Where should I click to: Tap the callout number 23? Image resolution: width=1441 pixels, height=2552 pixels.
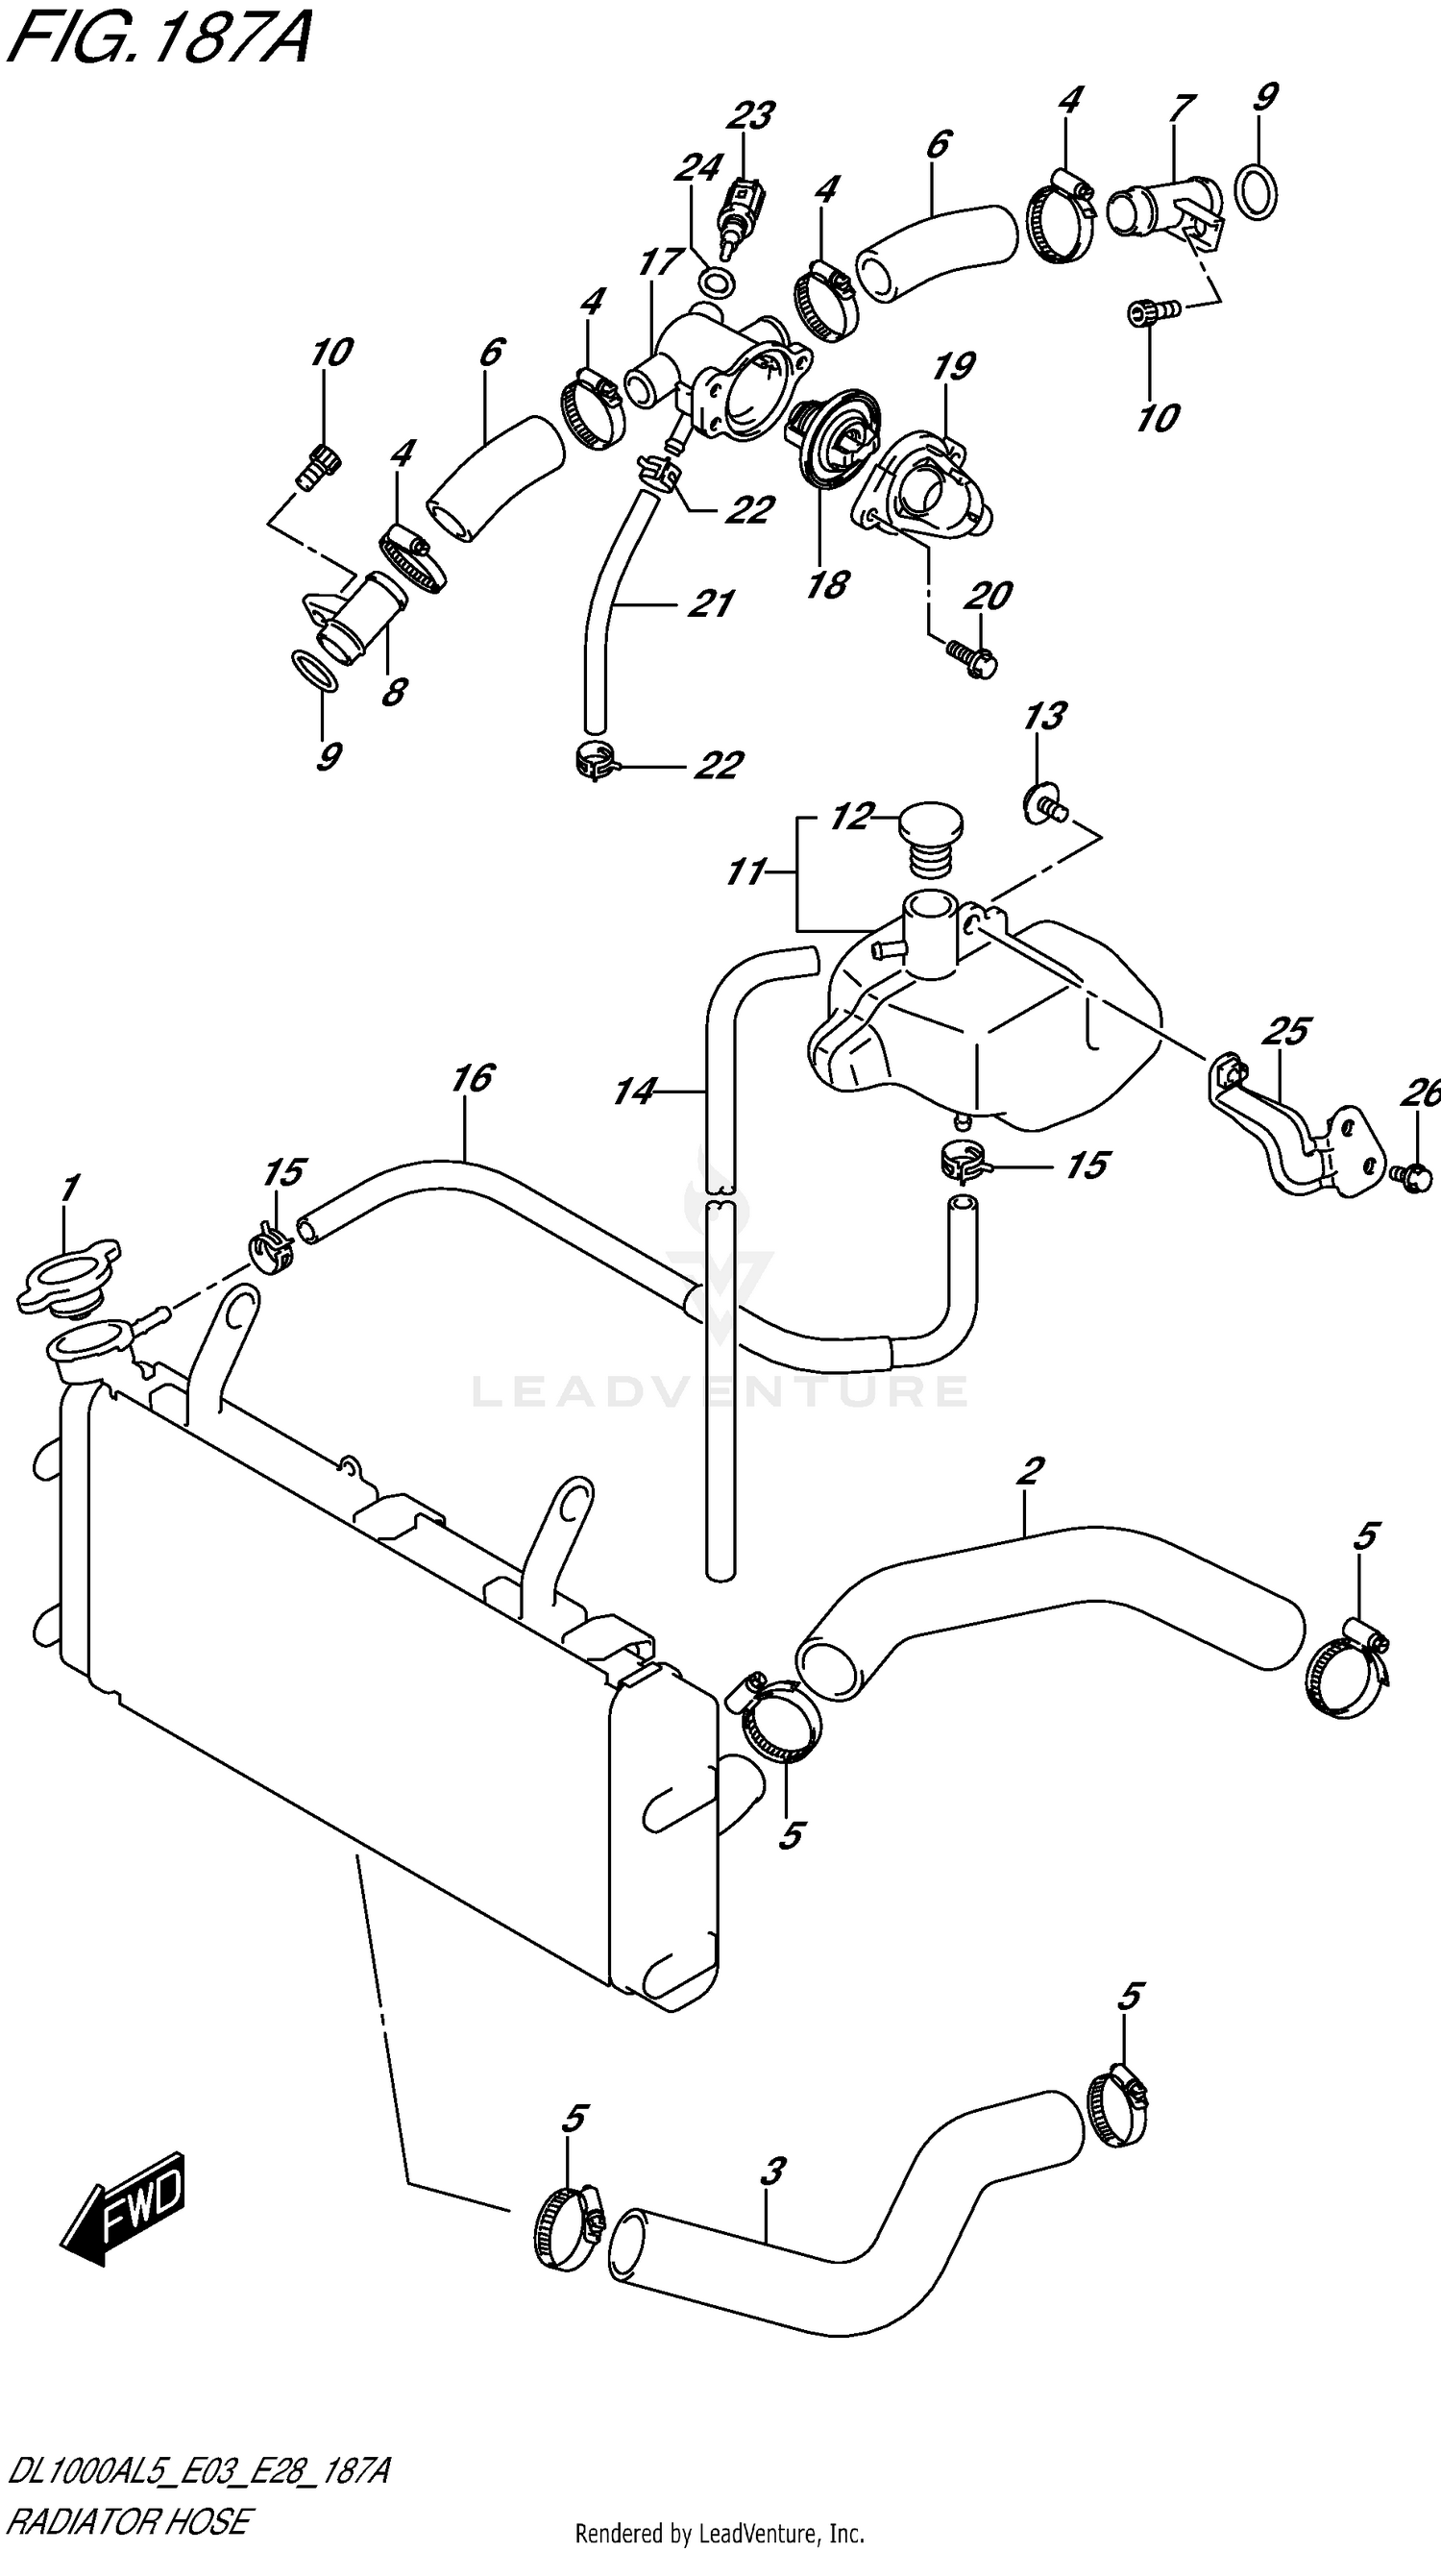pyautogui.click(x=748, y=117)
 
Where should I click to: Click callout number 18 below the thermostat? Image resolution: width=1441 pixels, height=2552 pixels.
pyautogui.click(x=827, y=584)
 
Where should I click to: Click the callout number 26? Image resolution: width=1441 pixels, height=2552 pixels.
pyautogui.click(x=1420, y=1093)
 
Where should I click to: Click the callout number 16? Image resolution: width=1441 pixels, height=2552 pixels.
pyautogui.click(x=472, y=1078)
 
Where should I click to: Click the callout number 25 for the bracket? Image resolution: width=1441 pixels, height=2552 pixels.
pyautogui.click(x=1285, y=1031)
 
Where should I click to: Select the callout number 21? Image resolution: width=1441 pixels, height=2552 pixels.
pyautogui.click(x=710, y=603)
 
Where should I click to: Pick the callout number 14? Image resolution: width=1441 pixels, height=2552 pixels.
pyautogui.click(x=634, y=1092)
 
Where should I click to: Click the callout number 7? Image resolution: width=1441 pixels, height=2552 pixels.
pyautogui.click(x=1181, y=107)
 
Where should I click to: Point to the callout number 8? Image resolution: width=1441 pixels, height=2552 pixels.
pyautogui.click(x=394, y=692)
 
